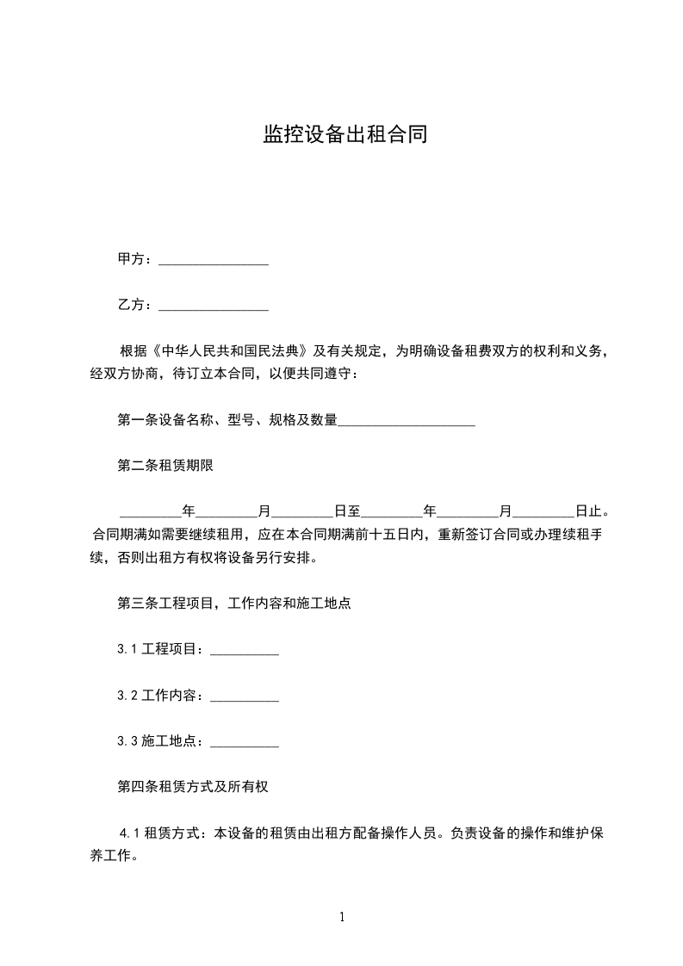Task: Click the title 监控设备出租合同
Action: click(x=345, y=135)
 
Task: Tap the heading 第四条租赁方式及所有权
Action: click(x=196, y=788)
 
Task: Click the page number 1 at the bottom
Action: click(x=342, y=917)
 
